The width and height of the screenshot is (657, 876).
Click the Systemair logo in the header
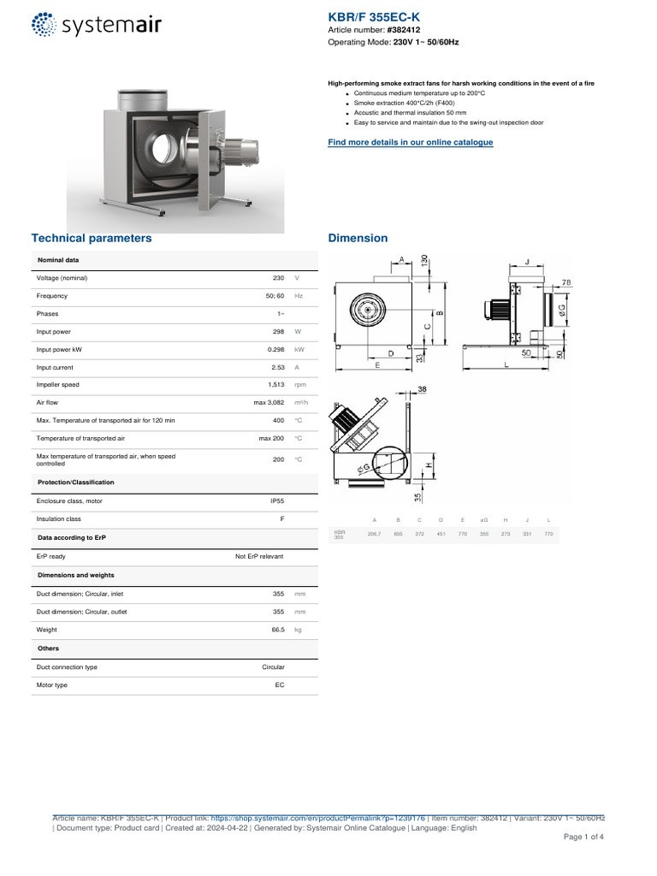pyautogui.click(x=96, y=25)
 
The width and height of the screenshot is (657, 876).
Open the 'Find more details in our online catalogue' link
pyautogui.click(x=411, y=142)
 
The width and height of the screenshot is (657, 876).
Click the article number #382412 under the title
pyautogui.click(x=405, y=30)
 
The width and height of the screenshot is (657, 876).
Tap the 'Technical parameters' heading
pyautogui.click(x=92, y=238)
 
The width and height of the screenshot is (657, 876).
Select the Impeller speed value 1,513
pyautogui.click(x=276, y=385)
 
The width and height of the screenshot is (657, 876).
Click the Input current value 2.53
pyautogui.click(x=278, y=367)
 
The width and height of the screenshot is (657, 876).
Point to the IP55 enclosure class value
pyautogui.click(x=277, y=500)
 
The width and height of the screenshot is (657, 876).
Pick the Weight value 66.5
pyautogui.click(x=277, y=630)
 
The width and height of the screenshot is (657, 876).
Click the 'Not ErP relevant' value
pyautogui.click(x=259, y=556)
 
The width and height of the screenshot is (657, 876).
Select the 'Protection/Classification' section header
pyautogui.click(x=76, y=482)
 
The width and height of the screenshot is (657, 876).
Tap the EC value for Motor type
pyautogui.click(x=279, y=685)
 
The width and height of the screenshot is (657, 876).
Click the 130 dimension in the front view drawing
pyautogui.click(x=425, y=262)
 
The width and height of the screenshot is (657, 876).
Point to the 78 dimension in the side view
pyautogui.click(x=565, y=281)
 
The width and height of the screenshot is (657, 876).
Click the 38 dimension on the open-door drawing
pyautogui.click(x=422, y=389)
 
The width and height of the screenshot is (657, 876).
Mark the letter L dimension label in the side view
pyautogui.click(x=506, y=365)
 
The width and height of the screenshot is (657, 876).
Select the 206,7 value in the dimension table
pyautogui.click(x=374, y=534)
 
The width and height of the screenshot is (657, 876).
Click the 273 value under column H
pyautogui.click(x=506, y=534)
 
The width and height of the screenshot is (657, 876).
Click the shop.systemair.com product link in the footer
pyautogui.click(x=317, y=818)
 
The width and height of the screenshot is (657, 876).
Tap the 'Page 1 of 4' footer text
pyautogui.click(x=583, y=837)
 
